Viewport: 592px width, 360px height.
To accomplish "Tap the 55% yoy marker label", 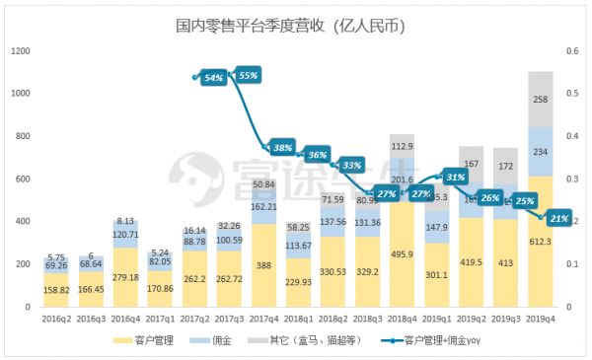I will (x=248, y=75).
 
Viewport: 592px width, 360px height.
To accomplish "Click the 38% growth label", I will (x=283, y=148).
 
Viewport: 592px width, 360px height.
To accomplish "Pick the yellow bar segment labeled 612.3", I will (x=540, y=243).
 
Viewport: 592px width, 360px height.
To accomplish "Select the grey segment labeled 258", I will (x=540, y=99).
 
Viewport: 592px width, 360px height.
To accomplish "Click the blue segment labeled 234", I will (x=540, y=152).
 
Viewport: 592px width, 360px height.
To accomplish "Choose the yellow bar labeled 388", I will (x=263, y=265).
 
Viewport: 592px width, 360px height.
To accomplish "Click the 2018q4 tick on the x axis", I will (x=402, y=320).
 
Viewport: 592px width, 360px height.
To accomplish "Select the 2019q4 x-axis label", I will (x=540, y=320).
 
